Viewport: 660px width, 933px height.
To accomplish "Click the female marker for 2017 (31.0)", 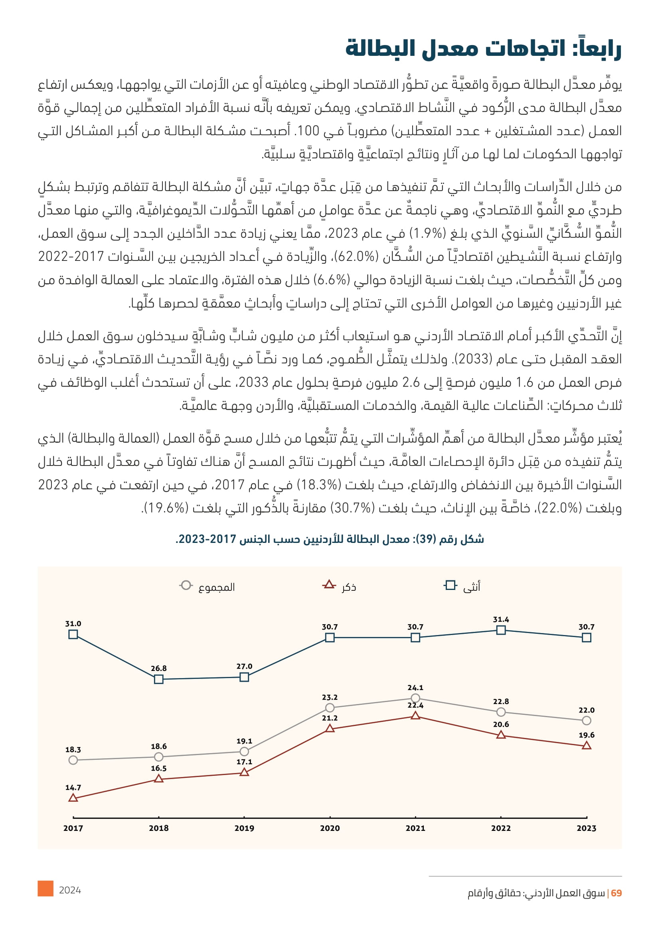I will [73, 634].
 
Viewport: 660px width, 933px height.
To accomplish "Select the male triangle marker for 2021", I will [415, 716].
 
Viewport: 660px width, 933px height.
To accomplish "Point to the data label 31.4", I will [501, 620].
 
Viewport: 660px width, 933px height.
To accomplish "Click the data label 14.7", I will [73, 787].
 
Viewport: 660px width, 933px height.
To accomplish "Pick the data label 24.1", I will [415, 688].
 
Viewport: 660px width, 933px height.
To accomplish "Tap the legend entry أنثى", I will [471, 586].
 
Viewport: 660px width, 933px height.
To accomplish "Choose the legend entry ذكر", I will [349, 587].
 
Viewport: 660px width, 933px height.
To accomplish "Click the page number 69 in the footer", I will [616, 893].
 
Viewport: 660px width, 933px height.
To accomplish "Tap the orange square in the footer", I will [45, 888].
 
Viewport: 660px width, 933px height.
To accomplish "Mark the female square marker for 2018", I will [159, 679].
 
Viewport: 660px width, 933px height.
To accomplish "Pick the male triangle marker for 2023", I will [587, 746].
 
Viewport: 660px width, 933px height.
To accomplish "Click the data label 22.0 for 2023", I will [587, 710].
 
